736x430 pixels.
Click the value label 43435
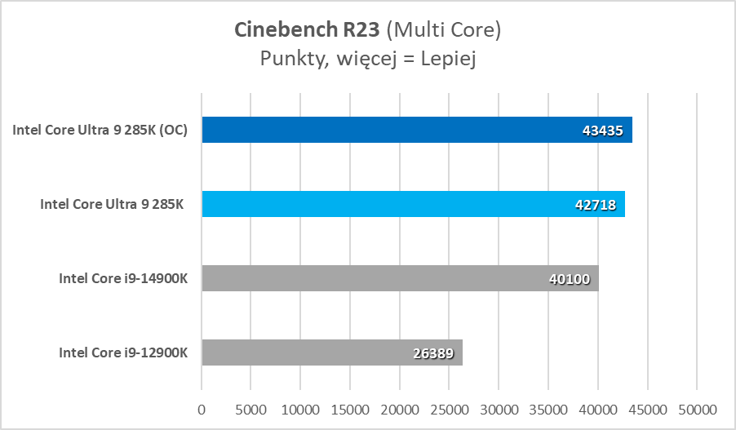[x=605, y=131]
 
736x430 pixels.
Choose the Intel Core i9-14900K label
[x=123, y=278]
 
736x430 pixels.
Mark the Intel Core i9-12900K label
[x=123, y=352]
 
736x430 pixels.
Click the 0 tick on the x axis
[x=202, y=407]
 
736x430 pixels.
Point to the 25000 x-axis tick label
[x=449, y=407]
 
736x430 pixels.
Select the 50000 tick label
[x=696, y=407]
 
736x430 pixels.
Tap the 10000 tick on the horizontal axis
[x=300, y=407]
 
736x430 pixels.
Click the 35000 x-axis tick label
[x=548, y=407]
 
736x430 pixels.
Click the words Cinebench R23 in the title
[x=307, y=30]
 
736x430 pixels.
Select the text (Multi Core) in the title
[x=442, y=30]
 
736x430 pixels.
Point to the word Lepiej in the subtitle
[x=448, y=59]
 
